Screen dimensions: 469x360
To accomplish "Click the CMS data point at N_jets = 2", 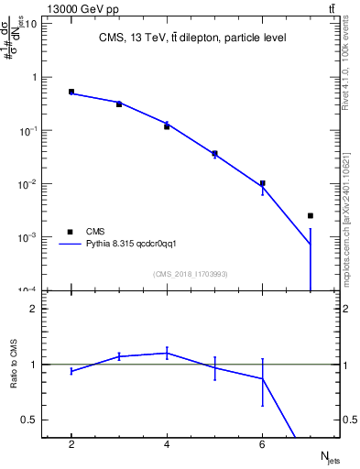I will (71, 92).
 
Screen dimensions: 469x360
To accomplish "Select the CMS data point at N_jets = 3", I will (119, 104).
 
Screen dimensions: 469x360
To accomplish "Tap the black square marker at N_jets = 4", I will (167, 126).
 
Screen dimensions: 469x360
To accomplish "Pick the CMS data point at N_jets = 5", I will (214, 153).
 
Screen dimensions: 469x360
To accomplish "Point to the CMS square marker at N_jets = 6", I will (262, 183).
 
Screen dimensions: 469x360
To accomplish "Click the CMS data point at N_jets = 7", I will (310, 215).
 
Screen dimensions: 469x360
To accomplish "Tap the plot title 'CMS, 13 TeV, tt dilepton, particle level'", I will (191, 38).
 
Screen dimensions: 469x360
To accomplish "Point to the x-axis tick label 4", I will (167, 444).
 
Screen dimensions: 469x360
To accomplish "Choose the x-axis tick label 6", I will (262, 444).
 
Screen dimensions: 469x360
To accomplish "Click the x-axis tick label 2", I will (71, 444).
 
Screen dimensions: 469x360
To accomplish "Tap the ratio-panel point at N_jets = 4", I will (167, 353).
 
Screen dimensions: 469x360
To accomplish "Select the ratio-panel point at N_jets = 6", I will (262, 378).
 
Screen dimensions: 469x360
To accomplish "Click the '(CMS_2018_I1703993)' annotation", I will (191, 274).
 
